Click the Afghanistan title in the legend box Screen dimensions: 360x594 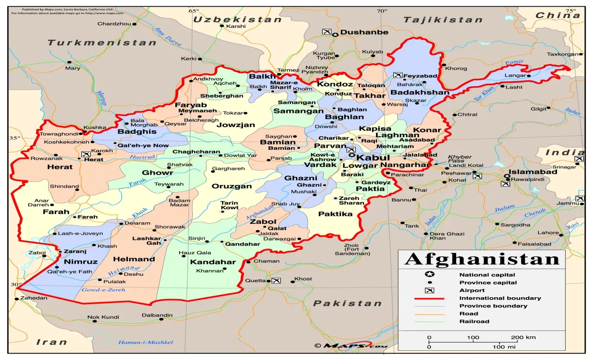pyautogui.click(x=482, y=259)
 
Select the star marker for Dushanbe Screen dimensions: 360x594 pyautogui.click(x=334, y=35)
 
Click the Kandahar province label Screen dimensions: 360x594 pyautogui.click(x=213, y=262)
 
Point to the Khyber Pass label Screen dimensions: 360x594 pyautogui.click(x=459, y=159)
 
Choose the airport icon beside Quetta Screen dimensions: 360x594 pyautogui.click(x=277, y=280)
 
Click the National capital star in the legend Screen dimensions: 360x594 pyautogui.click(x=429, y=275)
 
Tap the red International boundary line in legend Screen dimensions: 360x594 pyautogui.click(x=429, y=298)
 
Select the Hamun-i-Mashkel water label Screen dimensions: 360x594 pyautogui.click(x=146, y=342)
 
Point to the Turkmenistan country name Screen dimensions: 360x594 pyautogui.click(x=102, y=43)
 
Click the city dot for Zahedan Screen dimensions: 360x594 pyautogui.click(x=17, y=298)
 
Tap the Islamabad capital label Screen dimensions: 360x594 pyautogui.click(x=534, y=172)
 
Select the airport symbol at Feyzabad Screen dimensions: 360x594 pyautogui.click(x=398, y=75)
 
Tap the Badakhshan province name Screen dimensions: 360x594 pyautogui.click(x=420, y=92)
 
